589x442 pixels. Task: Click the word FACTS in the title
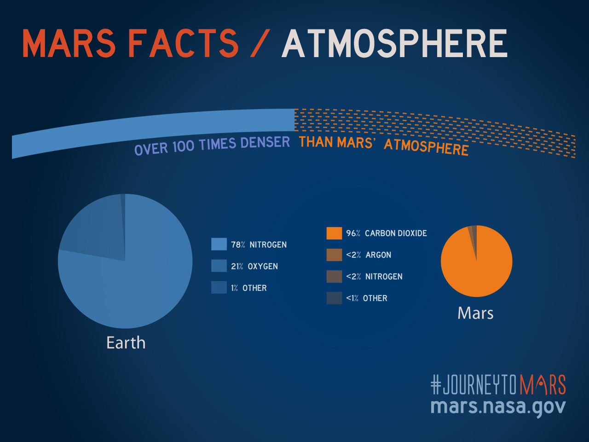pos(183,44)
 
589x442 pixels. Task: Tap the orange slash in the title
pos(260,44)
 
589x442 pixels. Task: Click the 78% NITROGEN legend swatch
pos(219,244)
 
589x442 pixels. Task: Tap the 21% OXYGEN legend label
pos(254,267)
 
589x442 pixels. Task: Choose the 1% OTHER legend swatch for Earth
pos(219,288)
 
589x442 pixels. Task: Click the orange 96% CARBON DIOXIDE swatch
pos(334,233)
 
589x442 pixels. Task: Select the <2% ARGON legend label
pos(369,255)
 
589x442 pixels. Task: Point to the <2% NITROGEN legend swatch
pos(334,277)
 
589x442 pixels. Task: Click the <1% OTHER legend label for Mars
pos(367,298)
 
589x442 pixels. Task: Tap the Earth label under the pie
pos(126,343)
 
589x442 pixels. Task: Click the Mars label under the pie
pos(475,313)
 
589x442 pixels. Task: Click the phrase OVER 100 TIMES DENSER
pos(212,145)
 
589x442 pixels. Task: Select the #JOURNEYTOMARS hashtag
pos(498,385)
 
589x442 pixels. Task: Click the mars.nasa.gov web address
pos(498,407)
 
